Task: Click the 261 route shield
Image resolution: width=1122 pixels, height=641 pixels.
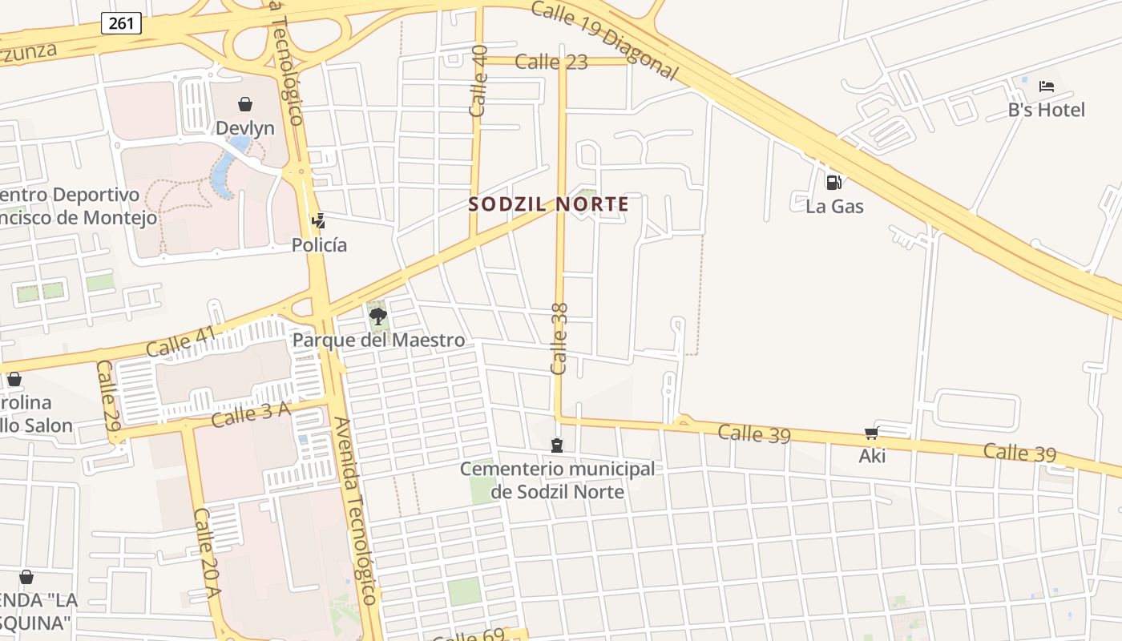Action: click(121, 23)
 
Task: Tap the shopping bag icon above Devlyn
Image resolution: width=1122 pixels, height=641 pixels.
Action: click(245, 104)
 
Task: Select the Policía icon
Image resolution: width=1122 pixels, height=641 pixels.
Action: click(318, 220)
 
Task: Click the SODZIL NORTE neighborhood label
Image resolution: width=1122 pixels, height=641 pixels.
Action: click(549, 204)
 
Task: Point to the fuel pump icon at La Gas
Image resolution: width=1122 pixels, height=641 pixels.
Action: click(833, 183)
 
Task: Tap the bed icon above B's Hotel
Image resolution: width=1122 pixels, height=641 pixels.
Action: click(1046, 87)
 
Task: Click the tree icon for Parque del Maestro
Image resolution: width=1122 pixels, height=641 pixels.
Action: click(377, 316)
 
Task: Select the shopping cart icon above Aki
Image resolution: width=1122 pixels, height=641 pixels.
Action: click(872, 433)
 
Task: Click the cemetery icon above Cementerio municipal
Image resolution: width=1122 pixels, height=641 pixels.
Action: click(557, 445)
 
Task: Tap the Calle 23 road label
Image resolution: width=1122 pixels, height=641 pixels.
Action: click(551, 62)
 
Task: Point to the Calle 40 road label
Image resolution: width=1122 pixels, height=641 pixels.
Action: click(479, 82)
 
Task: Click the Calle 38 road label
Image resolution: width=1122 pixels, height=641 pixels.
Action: click(559, 338)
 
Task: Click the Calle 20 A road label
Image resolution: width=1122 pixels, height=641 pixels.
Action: click(207, 553)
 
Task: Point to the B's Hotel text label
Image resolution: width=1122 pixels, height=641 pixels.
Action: click(1046, 110)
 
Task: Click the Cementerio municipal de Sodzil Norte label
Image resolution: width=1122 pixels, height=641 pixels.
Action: click(557, 480)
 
